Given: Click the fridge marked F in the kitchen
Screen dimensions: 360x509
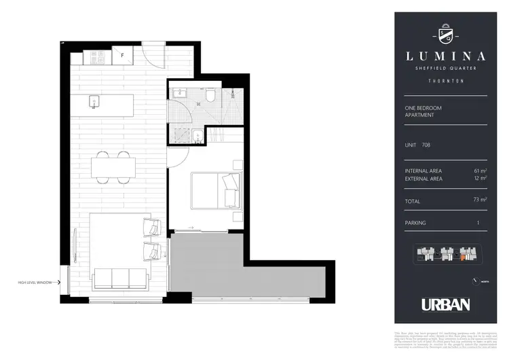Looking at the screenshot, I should coord(124,56).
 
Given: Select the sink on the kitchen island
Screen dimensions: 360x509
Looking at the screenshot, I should coord(95,102).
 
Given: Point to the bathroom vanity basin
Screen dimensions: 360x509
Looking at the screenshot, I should coord(181,92).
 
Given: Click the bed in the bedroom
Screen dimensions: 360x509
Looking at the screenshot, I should coord(214,190).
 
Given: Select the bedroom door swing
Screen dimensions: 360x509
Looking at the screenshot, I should coord(176,160).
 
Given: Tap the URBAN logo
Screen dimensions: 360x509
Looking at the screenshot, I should coord(445,304).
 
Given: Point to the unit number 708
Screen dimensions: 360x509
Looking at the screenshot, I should coord(426,145).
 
